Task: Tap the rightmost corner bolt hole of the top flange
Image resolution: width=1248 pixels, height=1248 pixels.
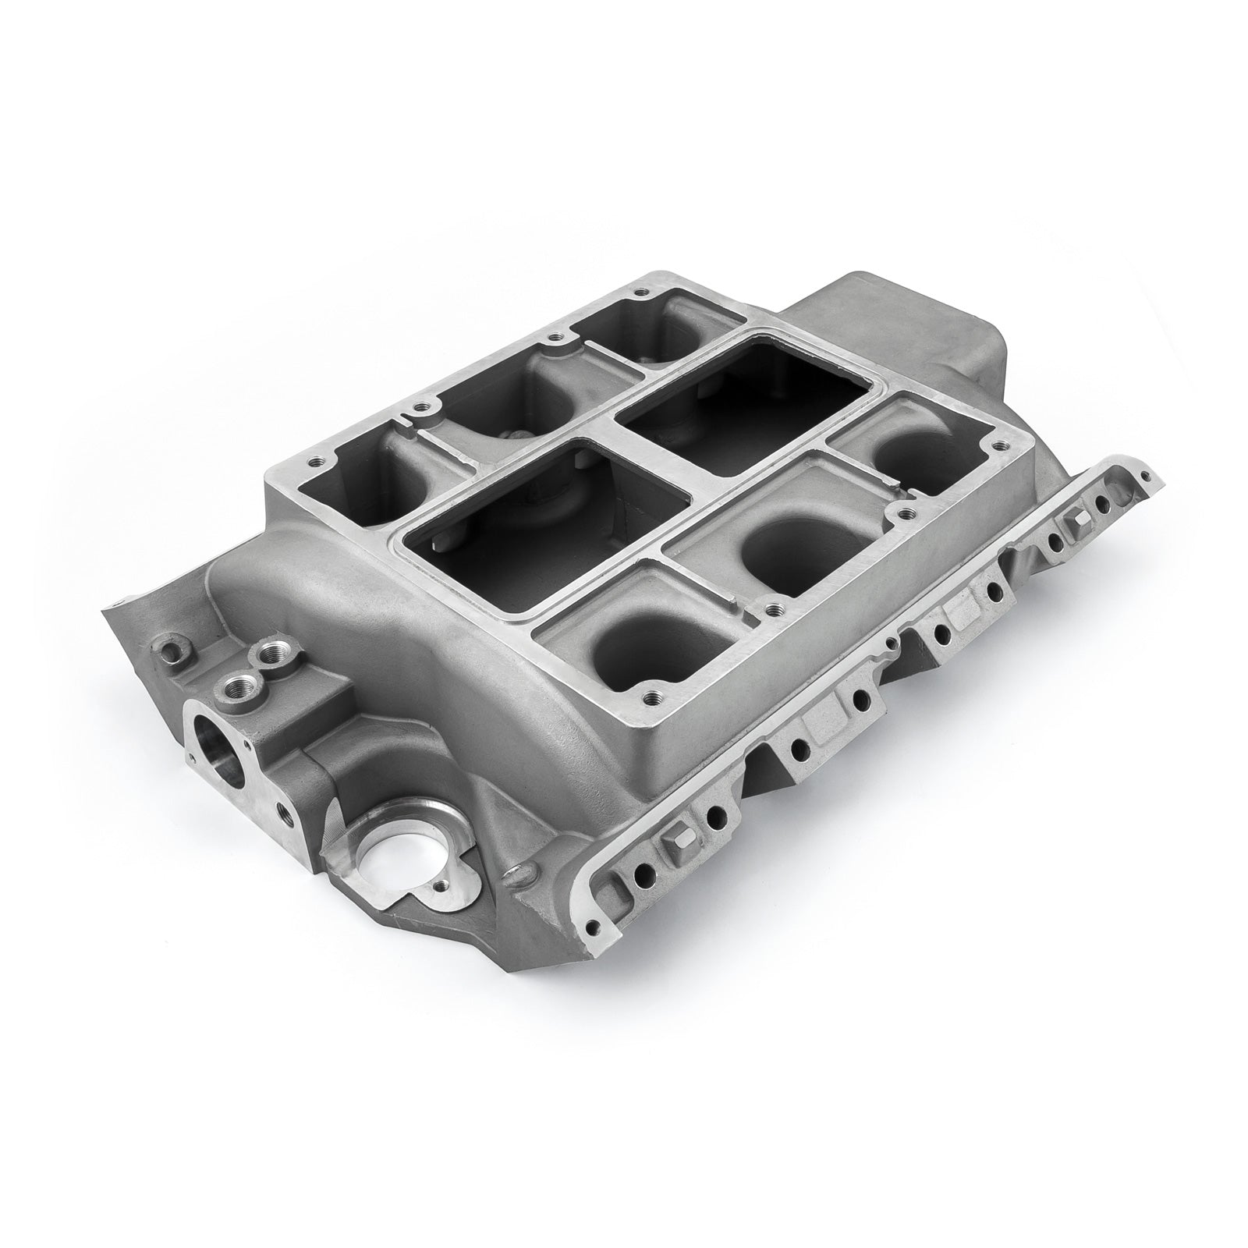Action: pos(996,448)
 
